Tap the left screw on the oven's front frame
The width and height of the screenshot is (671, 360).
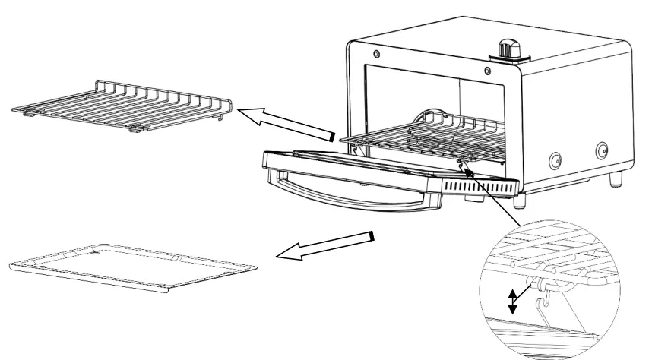pos(377,55)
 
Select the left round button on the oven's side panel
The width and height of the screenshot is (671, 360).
pos(555,160)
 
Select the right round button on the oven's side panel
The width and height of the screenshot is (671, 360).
pos(603,149)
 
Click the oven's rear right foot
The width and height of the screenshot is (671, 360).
pos(616,179)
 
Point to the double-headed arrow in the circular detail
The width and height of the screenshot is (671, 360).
pos(512,301)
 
